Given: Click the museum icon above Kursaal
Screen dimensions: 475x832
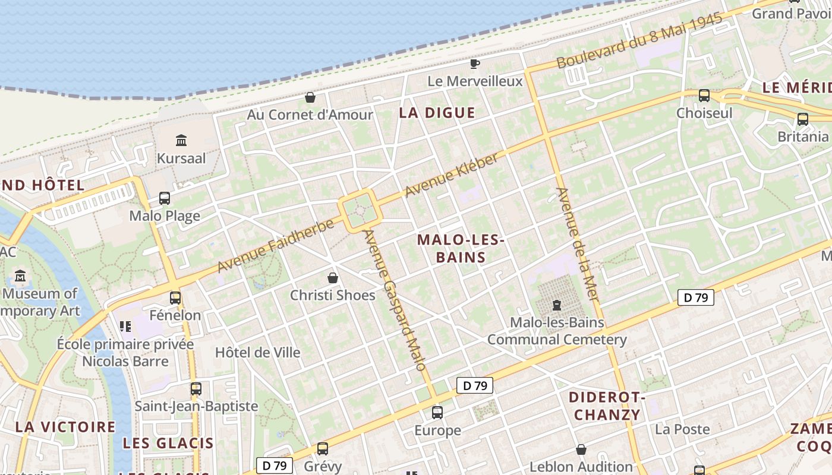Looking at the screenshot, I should pos(181,141).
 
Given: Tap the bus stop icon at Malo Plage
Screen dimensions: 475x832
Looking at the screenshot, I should pos(165,198).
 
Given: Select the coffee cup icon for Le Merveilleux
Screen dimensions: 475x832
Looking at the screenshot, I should pos(474,64).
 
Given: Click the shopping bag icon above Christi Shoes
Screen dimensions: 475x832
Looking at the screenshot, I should pos(333,278).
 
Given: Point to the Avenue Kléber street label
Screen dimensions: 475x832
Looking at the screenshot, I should pos(452,175).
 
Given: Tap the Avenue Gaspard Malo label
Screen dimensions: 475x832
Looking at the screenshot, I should pos(396,300).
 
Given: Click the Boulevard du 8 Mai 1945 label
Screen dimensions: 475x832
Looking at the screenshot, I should pos(639,40).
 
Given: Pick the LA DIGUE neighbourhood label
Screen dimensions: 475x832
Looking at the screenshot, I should pos(437,113).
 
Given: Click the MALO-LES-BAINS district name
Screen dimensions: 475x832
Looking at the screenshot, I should pos(461,249).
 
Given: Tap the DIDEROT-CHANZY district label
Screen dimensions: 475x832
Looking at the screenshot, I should pos(607,406).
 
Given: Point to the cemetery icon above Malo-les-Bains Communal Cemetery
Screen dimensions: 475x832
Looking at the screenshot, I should pos(556,305).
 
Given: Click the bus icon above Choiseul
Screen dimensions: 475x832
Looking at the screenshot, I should pos(704,95).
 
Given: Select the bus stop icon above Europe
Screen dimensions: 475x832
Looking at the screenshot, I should pos(437,412).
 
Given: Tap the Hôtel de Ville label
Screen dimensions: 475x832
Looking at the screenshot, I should pos(257,352).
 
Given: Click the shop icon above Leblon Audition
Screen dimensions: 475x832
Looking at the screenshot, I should pos(581,449).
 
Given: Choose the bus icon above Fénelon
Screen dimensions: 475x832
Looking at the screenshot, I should pos(175,297).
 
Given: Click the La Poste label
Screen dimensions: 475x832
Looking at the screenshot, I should pos(682,429).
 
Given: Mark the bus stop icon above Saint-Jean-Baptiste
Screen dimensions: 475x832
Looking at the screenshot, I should pos(196,389).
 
